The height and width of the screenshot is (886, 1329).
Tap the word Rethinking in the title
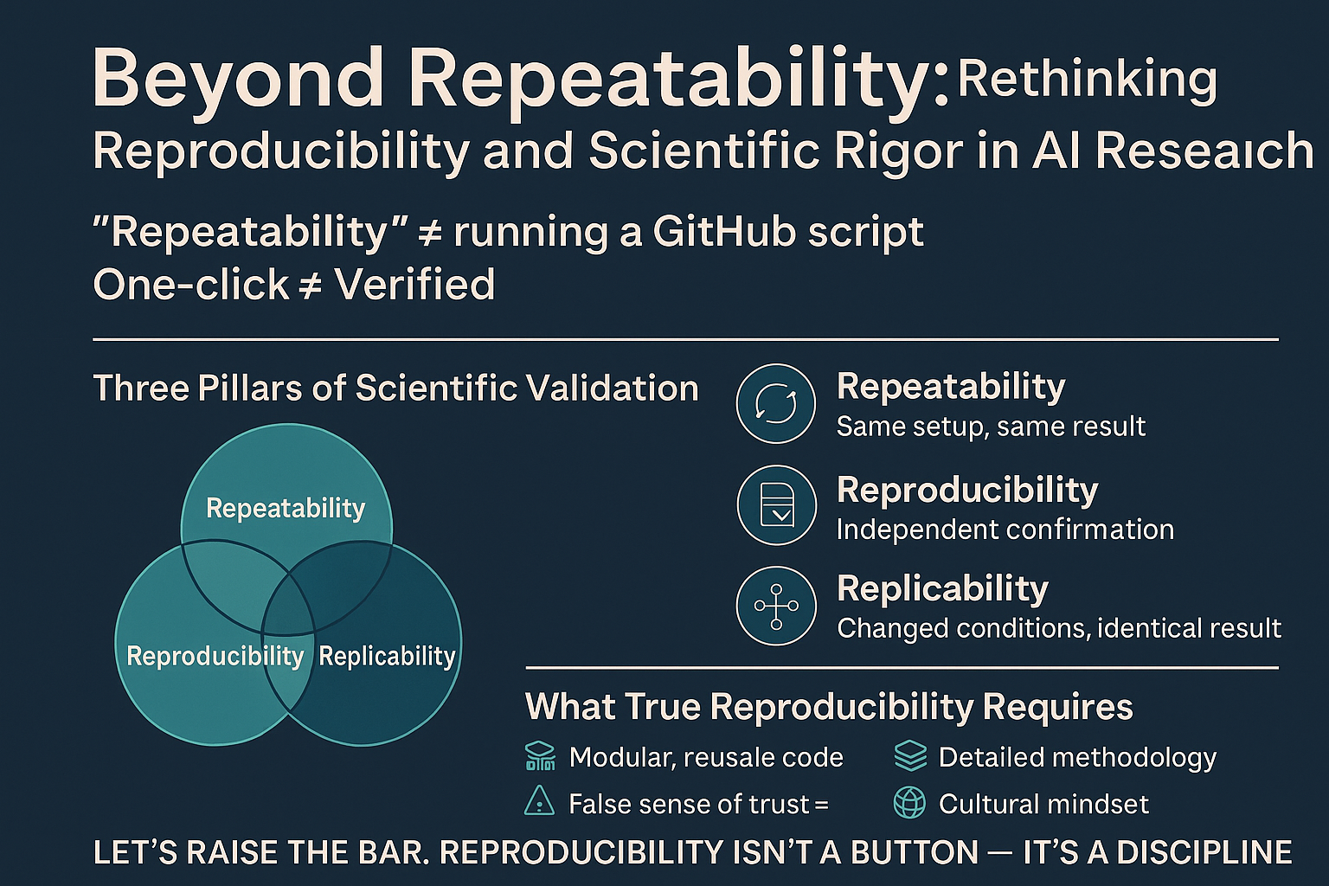1087,81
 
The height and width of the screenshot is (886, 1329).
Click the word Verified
414,285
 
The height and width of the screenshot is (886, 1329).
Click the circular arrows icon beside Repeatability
776,403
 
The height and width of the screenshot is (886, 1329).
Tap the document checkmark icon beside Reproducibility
777,505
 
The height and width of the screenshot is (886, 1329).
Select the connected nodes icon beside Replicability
776,606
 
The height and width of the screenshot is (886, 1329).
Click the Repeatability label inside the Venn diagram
286,509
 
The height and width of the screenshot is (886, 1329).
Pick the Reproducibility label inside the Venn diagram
215,657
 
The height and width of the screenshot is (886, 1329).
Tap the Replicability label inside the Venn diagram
387,657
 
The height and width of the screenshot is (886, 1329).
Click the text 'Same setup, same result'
991,427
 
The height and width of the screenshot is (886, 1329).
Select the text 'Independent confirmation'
1005,530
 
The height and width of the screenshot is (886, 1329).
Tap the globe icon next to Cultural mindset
909,803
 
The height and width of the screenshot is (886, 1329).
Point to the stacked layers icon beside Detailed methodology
909,755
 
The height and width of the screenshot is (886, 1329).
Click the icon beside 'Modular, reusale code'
541,756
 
